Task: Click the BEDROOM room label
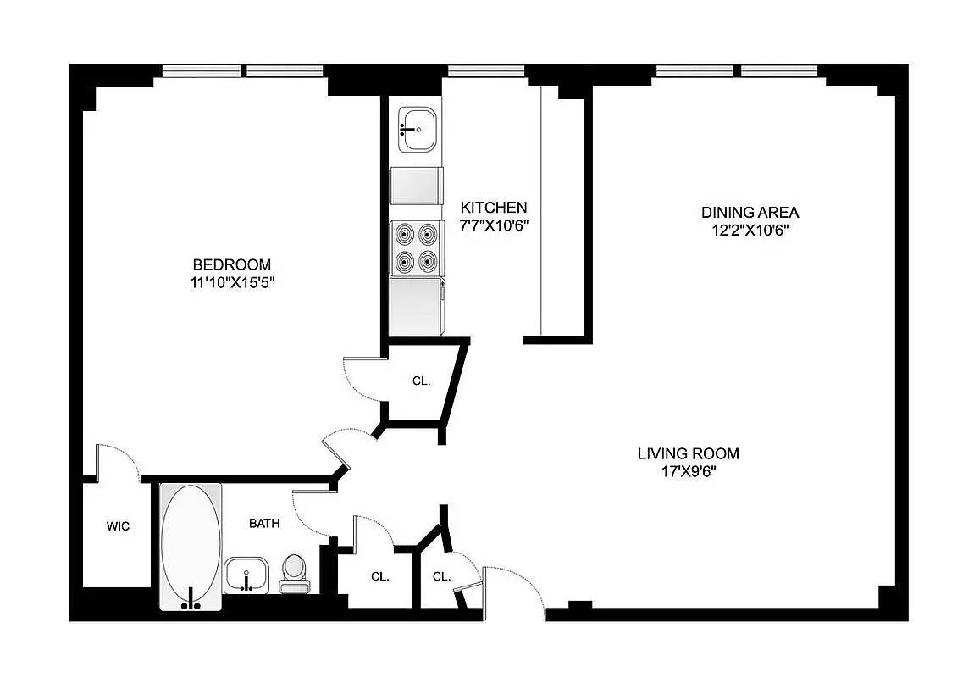[x=232, y=264]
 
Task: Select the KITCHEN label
[x=493, y=207]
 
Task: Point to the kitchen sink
[x=418, y=130]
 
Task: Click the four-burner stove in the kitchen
[x=416, y=248]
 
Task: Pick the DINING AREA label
[x=750, y=213]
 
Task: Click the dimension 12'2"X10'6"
[x=750, y=231]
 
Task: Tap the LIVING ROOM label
[x=689, y=453]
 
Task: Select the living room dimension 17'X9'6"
[x=689, y=472]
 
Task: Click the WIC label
[x=118, y=526]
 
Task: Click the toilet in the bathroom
[x=294, y=574]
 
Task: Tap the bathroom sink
[x=246, y=575]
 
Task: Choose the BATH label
[x=264, y=523]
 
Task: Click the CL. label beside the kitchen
[x=421, y=381]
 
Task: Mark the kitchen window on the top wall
[x=486, y=71]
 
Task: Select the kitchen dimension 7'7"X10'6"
[x=493, y=225]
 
